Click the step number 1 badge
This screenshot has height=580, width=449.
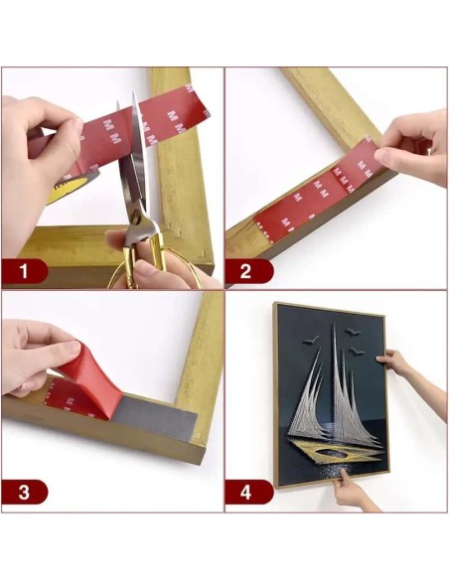26,269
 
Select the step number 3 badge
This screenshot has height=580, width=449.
26,491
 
